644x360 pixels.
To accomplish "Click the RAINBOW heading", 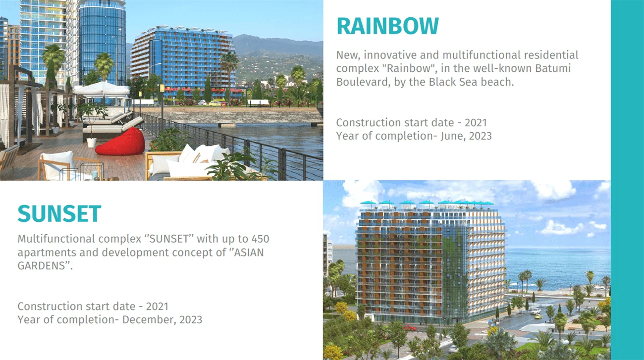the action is (x=387, y=26).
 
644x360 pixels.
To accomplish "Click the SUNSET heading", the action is (x=59, y=213).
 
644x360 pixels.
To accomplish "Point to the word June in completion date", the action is (x=452, y=136).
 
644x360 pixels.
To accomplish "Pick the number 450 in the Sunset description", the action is (x=260, y=239).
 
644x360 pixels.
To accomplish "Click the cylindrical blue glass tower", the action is (x=102, y=43).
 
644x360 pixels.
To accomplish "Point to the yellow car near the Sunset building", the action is (x=538, y=316).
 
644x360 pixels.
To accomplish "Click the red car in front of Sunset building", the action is (x=409, y=327).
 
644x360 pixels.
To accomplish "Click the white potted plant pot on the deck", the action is (x=92, y=143).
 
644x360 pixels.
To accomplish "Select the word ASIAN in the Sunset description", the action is (x=249, y=253).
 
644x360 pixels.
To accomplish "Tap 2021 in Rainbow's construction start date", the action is (x=476, y=123).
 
